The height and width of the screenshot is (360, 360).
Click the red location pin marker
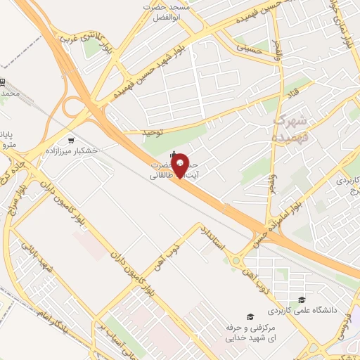(181, 165)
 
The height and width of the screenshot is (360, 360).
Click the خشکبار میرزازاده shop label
(71, 151)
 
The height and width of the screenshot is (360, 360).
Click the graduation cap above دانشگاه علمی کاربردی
(302, 300)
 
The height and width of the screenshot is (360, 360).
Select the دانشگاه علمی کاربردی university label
(302, 310)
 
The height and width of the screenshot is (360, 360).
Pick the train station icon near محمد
(2, 82)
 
